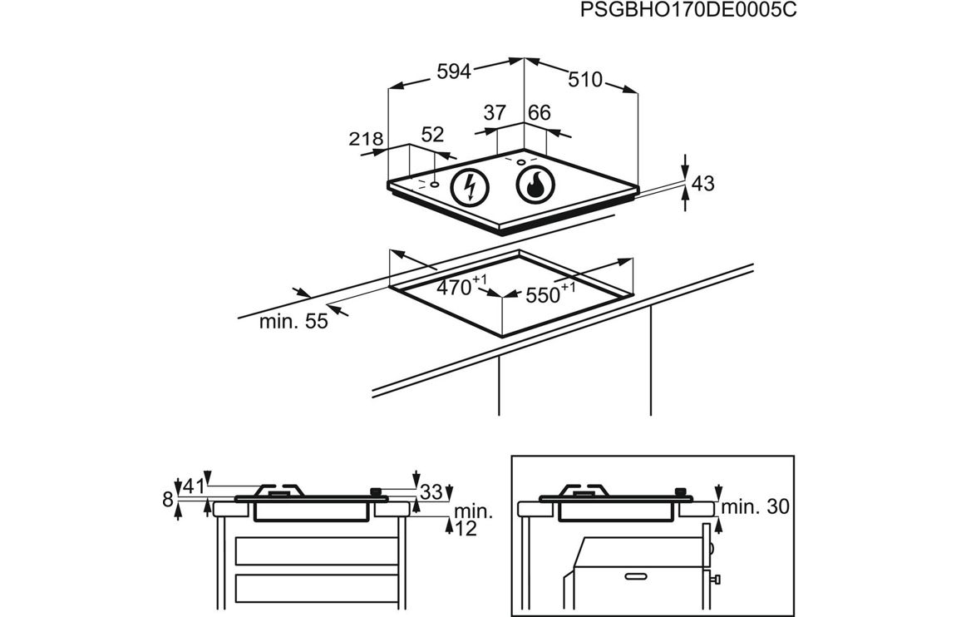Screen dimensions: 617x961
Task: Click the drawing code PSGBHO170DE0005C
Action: [x=682, y=11]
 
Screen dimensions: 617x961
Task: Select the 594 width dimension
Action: [x=454, y=72]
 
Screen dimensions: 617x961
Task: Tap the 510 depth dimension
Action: [x=584, y=80]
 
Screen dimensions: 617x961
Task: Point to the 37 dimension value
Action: [x=495, y=113]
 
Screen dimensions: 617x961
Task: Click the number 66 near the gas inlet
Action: [x=540, y=113]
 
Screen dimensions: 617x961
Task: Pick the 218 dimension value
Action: [x=366, y=139]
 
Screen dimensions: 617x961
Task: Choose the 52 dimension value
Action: [x=432, y=135]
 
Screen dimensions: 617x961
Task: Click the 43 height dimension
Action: [x=703, y=184]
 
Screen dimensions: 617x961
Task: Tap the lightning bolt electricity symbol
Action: [x=470, y=187]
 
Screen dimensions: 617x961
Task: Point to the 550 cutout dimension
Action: [x=546, y=294]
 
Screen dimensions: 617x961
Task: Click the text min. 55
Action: [x=293, y=322]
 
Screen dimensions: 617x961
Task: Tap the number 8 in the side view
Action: [x=168, y=500]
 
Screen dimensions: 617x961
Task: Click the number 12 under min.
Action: [x=466, y=528]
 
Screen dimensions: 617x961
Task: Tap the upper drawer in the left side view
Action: [x=317, y=550]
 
